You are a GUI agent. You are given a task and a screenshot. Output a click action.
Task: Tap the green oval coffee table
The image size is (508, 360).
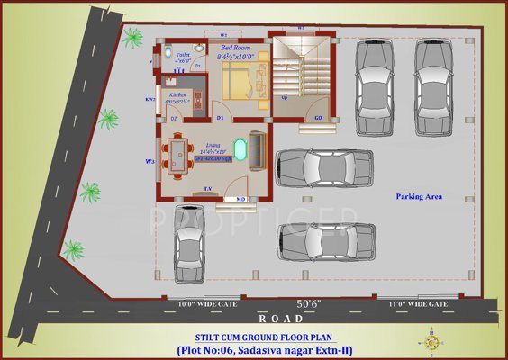pyautogui.click(x=240, y=148)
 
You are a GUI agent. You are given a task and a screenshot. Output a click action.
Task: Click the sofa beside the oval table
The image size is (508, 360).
pyautogui.click(x=259, y=148)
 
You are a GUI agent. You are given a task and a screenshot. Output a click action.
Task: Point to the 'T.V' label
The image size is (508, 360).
pyautogui.click(x=207, y=189)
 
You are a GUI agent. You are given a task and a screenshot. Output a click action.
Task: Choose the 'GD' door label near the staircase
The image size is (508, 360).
pyautogui.click(x=318, y=118)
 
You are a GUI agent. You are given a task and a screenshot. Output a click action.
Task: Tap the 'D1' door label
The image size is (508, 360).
pyautogui.click(x=219, y=118)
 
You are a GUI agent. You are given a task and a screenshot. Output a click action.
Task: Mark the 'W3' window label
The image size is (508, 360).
pyautogui.click(x=150, y=162)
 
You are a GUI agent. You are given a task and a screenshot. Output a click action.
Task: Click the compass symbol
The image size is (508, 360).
pyautogui.click(x=430, y=343)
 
